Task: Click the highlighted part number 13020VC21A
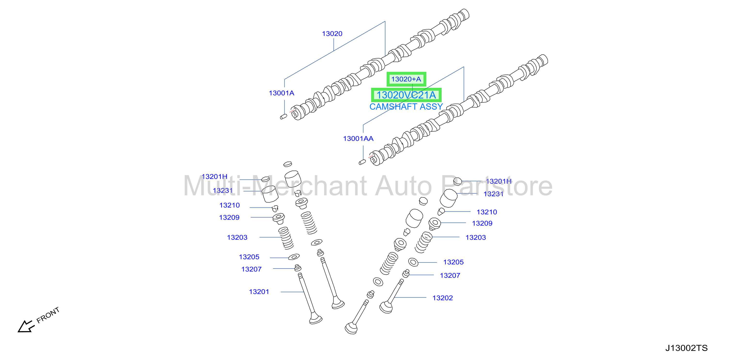(x=406, y=95)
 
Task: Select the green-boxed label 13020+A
(x=406, y=79)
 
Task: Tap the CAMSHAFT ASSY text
(x=406, y=107)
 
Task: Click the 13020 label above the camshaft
(x=332, y=34)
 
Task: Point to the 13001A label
(x=282, y=93)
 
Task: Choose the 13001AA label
(x=358, y=139)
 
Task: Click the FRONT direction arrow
(x=26, y=327)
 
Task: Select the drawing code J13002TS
(x=686, y=348)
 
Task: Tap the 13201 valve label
(x=259, y=292)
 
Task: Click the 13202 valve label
(x=442, y=298)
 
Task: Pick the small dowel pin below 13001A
(x=283, y=116)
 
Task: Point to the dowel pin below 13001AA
(x=362, y=162)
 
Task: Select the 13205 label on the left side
(x=249, y=257)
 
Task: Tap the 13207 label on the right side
(x=450, y=276)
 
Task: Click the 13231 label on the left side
(x=223, y=191)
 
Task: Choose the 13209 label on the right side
(x=482, y=223)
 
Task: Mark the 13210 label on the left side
(x=229, y=205)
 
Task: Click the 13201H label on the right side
(x=499, y=181)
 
